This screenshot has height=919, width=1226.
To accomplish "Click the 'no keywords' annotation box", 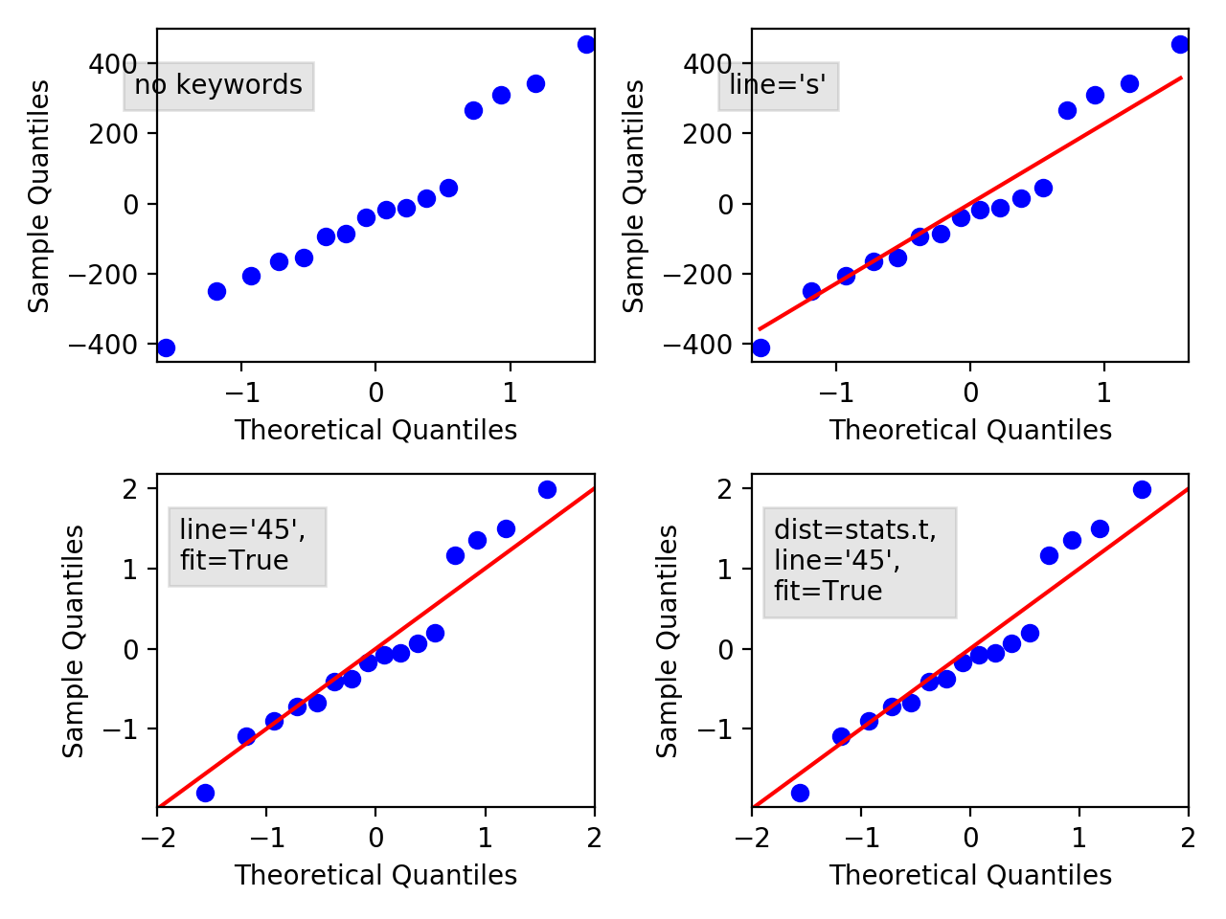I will tap(218, 86).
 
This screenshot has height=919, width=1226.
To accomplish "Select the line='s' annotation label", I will tap(778, 86).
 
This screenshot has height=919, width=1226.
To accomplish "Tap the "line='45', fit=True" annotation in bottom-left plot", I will tap(247, 546).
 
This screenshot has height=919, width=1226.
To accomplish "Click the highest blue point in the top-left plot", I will tap(586, 44).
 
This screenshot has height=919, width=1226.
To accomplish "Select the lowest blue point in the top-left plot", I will tap(166, 347).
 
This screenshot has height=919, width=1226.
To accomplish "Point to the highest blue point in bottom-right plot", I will tap(1142, 489).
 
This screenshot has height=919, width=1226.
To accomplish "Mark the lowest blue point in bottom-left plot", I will tap(205, 793).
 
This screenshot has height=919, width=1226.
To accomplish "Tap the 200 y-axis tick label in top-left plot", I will tap(113, 134).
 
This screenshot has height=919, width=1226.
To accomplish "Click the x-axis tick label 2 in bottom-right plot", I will tap(1188, 839).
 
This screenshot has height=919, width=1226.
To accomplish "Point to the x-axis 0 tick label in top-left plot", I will tap(375, 393).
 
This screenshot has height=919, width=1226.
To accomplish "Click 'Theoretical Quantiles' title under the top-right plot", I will tap(970, 431).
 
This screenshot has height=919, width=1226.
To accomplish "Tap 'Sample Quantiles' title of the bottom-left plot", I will tap(74, 641).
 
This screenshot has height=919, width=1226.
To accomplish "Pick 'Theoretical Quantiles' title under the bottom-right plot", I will tap(970, 876).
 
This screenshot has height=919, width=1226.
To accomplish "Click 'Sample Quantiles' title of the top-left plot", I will tap(39, 196).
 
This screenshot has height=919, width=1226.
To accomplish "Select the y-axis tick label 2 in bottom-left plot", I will tap(128, 489).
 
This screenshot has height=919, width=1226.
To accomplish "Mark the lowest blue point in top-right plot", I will tap(761, 347).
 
